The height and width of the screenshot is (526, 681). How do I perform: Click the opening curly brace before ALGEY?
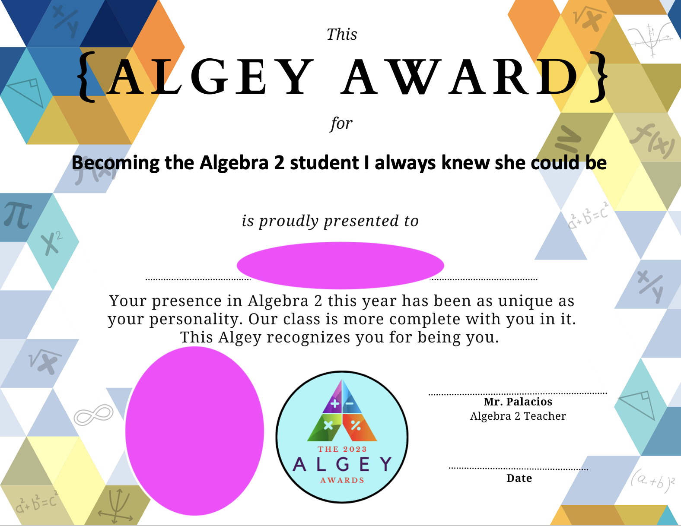pos(86,77)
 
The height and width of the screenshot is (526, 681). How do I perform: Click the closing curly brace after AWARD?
pos(598,77)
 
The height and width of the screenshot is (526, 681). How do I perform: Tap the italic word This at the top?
pos(342,34)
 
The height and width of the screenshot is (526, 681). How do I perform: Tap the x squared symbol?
pos(52,243)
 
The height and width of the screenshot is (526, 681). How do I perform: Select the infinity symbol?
pos(93,415)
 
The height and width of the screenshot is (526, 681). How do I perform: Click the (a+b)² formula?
pos(652,481)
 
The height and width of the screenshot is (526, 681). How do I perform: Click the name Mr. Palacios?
pos(518,401)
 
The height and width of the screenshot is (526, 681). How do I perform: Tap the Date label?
pos(519,478)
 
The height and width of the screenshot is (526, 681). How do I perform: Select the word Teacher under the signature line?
pos(545,416)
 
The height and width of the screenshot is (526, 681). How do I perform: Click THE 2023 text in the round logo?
pos(342,449)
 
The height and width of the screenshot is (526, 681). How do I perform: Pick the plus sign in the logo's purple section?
pos(335,403)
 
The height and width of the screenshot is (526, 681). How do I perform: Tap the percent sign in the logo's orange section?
pos(355,425)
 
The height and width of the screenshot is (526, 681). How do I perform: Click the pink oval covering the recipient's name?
pos(340,265)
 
